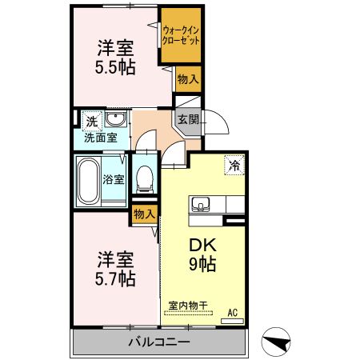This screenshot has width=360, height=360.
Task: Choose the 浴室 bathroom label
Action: point(113,180)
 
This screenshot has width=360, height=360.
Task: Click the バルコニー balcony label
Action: point(159,342)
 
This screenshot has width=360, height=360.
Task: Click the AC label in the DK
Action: point(234,313)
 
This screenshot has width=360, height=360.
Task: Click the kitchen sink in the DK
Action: point(200,203)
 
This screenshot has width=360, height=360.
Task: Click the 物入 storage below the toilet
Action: point(144,214)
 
